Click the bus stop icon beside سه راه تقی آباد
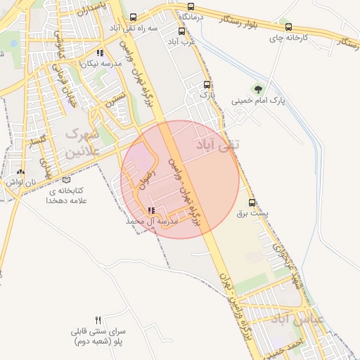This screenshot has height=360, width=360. (134, 18)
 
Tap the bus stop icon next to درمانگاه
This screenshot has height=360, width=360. (191, 5)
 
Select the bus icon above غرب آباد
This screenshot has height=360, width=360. (182, 31)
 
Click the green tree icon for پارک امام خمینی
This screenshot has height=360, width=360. (259, 89)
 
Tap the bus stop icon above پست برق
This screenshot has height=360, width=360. (252, 202)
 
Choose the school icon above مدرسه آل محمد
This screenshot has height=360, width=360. (151, 210)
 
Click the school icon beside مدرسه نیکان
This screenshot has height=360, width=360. (101, 53)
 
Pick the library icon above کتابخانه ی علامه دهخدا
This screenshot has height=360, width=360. (66, 179)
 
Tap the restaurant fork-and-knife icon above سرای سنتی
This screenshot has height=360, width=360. (98, 319)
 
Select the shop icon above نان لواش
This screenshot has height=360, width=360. (20, 171)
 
